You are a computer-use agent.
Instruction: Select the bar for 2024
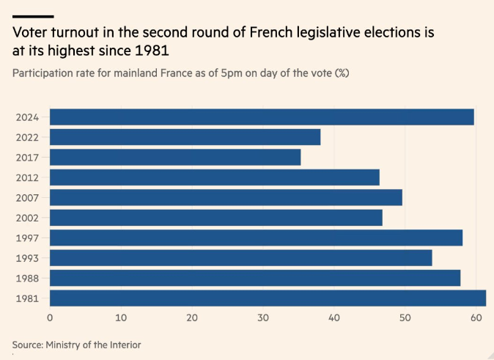[262, 117]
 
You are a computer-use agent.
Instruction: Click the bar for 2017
[175, 158]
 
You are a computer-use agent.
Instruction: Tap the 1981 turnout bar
[268, 298]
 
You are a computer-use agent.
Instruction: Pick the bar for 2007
[226, 198]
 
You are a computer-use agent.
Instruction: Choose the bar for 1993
[241, 258]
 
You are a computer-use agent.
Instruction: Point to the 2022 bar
[185, 137]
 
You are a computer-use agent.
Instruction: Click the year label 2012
[27, 177]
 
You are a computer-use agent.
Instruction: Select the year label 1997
[27, 238]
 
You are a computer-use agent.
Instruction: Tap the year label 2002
[27, 218]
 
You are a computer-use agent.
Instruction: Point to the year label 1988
[27, 279]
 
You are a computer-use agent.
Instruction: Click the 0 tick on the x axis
[50, 317]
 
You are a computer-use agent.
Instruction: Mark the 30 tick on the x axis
[263, 317]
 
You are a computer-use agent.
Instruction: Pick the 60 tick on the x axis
[476, 317]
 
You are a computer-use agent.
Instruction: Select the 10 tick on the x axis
[121, 317]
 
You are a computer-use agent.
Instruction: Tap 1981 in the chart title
[152, 51]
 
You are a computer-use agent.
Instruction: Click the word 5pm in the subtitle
[232, 73]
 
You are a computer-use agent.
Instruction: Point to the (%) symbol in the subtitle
[342, 73]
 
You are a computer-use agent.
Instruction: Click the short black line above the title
[33, 16]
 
